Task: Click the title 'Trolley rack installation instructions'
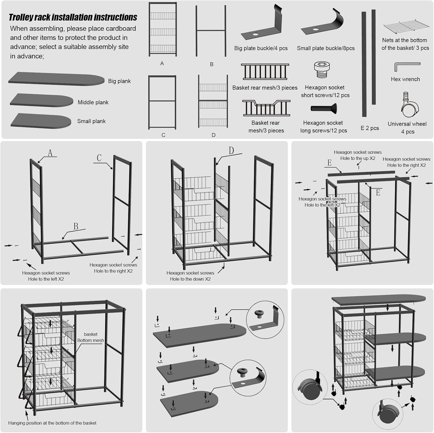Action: tap(73, 17)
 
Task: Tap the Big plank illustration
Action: tap(56, 79)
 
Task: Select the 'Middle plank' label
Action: tap(93, 102)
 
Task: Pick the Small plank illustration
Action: tap(41, 120)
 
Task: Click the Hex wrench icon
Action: tap(406, 67)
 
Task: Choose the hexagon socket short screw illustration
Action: tap(322, 70)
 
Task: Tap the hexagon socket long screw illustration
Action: tap(323, 109)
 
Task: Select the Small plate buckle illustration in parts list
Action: tap(324, 25)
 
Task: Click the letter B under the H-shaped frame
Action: tap(212, 64)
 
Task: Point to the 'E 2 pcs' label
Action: tap(369, 128)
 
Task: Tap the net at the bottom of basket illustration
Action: tap(406, 27)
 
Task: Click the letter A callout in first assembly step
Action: tap(50, 153)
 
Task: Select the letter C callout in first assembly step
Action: tap(99, 158)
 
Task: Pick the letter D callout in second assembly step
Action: tap(231, 151)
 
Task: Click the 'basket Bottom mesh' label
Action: tap(91, 337)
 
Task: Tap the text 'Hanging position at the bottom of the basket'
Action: tap(52, 423)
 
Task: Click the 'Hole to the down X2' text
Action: tap(190, 279)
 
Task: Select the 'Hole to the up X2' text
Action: tap(358, 158)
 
